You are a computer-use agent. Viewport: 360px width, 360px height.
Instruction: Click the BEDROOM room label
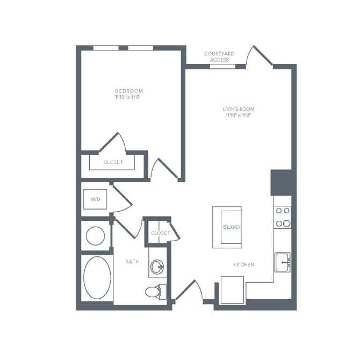tap(128, 91)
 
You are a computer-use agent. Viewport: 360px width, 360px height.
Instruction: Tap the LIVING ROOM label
tap(237, 110)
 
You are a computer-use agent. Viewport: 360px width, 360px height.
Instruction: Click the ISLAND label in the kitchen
tap(231, 227)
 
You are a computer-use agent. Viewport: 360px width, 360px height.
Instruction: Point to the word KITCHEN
tap(243, 265)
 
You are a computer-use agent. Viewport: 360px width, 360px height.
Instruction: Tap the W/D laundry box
tap(96, 199)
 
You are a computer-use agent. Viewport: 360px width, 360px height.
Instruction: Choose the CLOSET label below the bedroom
tap(113, 162)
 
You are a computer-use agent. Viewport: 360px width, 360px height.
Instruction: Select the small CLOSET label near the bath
tap(160, 233)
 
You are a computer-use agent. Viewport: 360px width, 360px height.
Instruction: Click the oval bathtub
tap(97, 278)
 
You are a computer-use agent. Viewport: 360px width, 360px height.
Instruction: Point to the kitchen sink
tap(283, 262)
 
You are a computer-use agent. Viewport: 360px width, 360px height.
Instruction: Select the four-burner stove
tap(283, 217)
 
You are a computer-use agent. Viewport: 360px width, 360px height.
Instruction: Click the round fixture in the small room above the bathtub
tap(96, 235)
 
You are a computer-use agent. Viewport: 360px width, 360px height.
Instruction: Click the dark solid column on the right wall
tap(281, 182)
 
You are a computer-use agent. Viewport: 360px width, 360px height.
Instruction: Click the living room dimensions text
tap(237, 116)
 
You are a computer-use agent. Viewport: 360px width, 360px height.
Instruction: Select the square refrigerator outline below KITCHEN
tap(233, 290)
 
